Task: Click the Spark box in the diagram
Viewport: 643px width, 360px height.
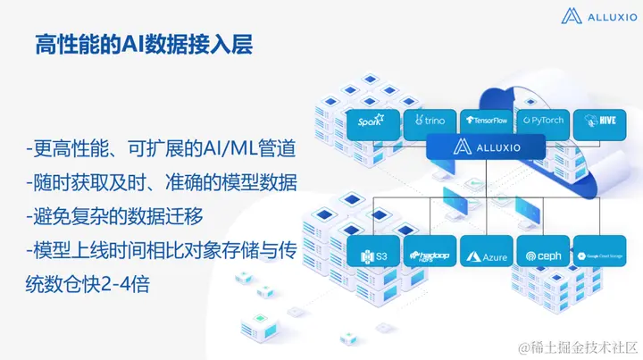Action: pos(370,121)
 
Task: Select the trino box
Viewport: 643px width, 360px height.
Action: pos(426,121)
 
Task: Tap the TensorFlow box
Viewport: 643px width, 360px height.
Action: pos(485,121)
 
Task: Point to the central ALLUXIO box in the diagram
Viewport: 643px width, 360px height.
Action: pos(487,147)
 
